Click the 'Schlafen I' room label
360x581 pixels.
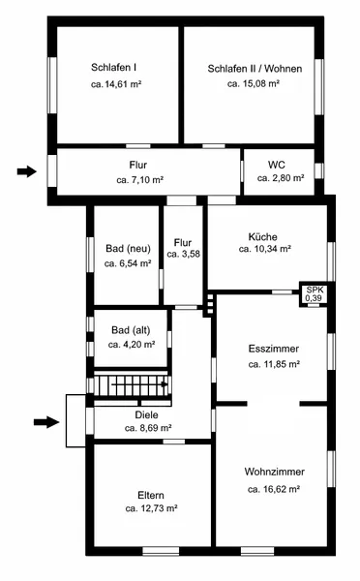coord(113,68)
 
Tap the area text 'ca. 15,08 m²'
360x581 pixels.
coord(254,83)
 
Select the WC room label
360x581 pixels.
coord(277,165)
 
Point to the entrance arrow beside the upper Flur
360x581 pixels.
coord(27,171)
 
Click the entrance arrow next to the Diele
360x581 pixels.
coord(46,421)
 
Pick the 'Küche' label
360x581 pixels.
coord(262,237)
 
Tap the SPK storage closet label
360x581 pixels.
coord(314,290)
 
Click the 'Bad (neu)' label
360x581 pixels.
coord(128,248)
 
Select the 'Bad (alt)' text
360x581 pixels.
coord(131,330)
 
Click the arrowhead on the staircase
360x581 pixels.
coord(165,384)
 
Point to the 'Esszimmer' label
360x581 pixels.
coord(274,349)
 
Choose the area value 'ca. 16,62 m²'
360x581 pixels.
coord(274,489)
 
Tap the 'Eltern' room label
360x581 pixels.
coord(151,496)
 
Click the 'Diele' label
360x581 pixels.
coord(146,415)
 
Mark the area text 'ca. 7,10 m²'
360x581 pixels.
coord(140,180)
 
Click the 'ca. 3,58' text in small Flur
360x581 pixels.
coord(183,254)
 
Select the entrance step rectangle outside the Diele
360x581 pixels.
coord(75,421)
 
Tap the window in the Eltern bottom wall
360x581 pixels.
coord(161,551)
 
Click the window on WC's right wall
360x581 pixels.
coord(319,170)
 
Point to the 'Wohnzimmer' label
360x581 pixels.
coord(275,472)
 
